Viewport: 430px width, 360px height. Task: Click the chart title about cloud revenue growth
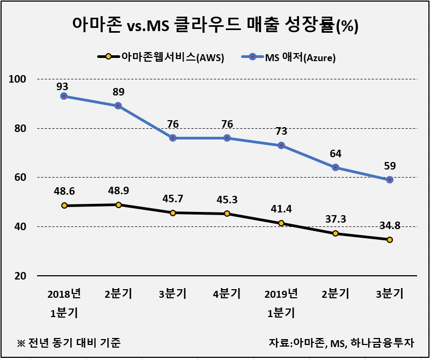point(215,25)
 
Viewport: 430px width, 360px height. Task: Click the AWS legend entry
point(161,57)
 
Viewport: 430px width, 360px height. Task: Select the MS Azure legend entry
point(288,57)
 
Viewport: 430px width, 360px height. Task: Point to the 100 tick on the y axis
point(18,79)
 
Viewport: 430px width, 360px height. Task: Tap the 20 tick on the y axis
point(20,276)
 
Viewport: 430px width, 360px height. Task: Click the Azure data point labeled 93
point(64,96)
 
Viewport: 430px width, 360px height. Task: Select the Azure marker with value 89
point(118,106)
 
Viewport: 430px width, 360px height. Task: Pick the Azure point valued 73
point(281,145)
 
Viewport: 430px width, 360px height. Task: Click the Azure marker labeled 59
point(390,180)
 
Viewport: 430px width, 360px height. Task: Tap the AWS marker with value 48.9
point(119,205)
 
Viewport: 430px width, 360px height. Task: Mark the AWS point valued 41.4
point(281,223)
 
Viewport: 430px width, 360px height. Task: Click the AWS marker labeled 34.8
point(390,240)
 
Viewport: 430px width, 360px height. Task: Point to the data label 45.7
point(172,199)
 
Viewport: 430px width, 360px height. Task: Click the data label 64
point(336,153)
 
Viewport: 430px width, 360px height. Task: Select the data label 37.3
point(336,219)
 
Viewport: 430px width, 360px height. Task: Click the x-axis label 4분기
point(227,293)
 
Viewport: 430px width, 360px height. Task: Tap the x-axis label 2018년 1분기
point(64,303)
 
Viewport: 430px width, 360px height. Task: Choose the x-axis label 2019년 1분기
point(281,303)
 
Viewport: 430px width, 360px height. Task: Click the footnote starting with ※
point(69,343)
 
